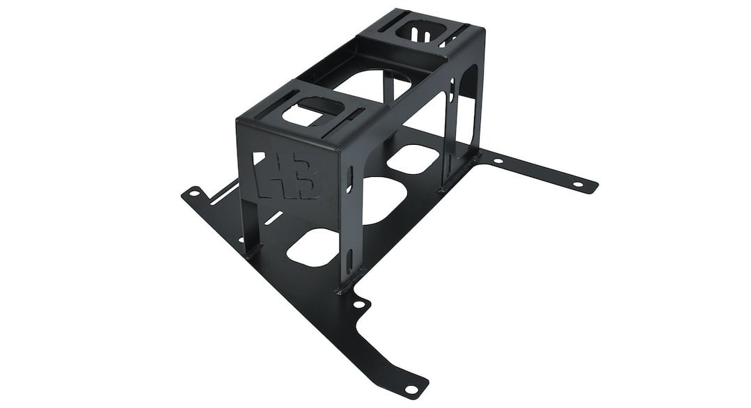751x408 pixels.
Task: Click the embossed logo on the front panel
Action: [x=287, y=175]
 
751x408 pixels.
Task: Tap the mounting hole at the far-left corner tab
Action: [x=194, y=194]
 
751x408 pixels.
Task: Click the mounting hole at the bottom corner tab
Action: [x=411, y=389]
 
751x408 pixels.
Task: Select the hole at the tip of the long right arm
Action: [x=578, y=185]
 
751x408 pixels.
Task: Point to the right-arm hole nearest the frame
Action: [x=498, y=161]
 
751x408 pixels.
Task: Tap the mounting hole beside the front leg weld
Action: [x=358, y=304]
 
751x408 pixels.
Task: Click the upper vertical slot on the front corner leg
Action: [x=350, y=180]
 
